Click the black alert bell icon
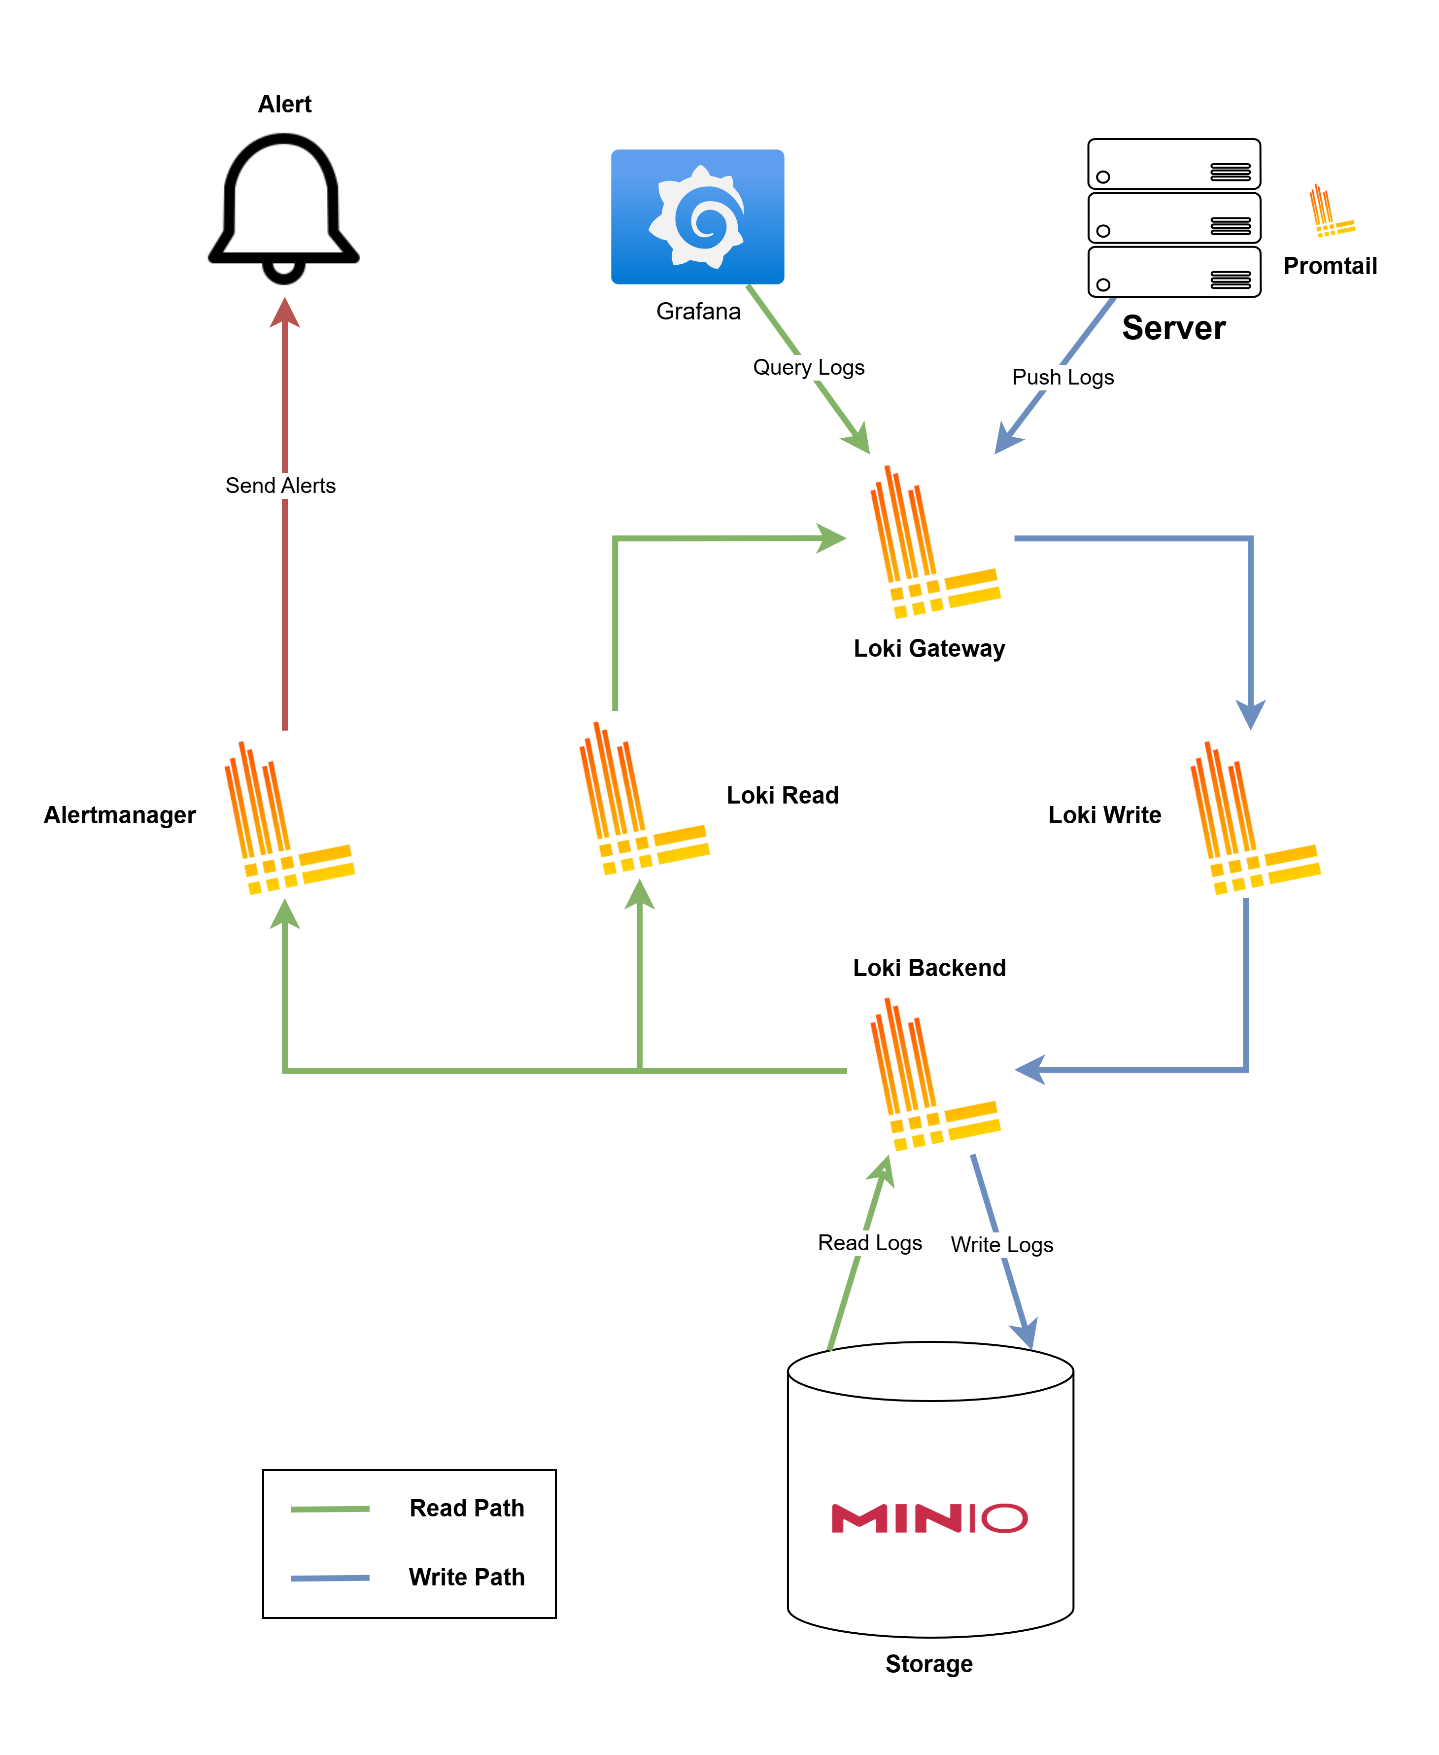point(283,207)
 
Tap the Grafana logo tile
point(697,216)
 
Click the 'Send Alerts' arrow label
point(280,486)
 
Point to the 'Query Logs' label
point(808,367)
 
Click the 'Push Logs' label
point(1062,377)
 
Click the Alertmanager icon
point(288,818)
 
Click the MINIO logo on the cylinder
point(929,1518)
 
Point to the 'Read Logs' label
point(869,1243)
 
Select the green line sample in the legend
point(330,1509)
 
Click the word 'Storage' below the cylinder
point(928,1664)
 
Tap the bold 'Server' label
point(1173,328)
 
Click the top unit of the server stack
point(1174,164)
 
